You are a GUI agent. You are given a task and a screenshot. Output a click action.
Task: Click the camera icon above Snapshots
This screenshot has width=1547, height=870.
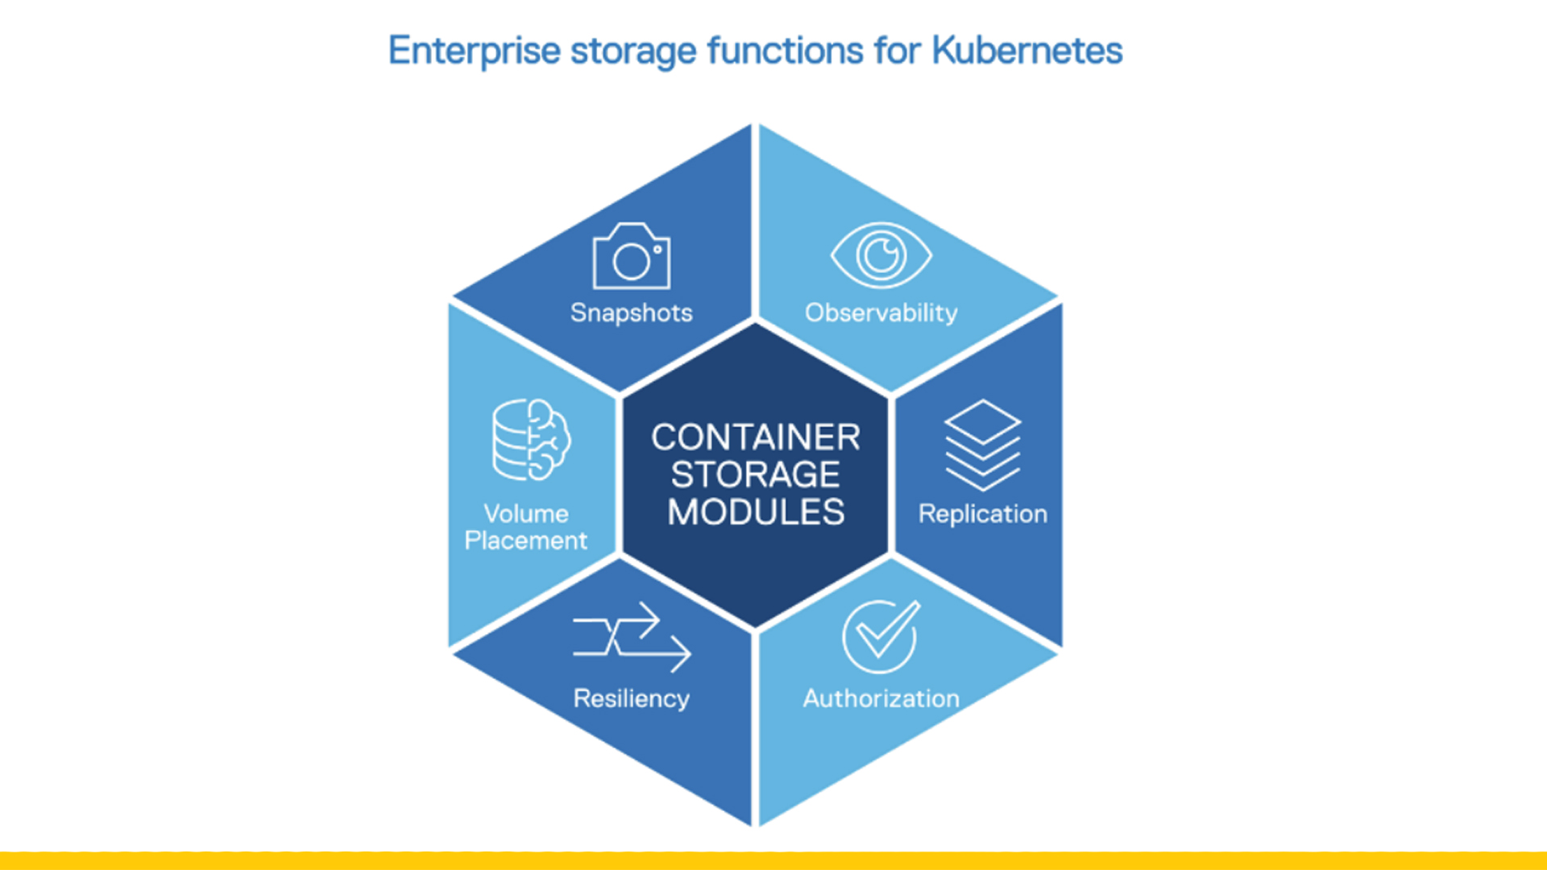click(x=632, y=256)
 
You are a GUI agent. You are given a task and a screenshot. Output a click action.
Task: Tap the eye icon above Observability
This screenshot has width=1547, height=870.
click(x=881, y=255)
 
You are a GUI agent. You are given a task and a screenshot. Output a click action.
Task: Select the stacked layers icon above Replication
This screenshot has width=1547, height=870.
click(x=982, y=445)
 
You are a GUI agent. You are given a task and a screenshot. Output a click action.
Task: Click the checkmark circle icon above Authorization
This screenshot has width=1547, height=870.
click(x=880, y=636)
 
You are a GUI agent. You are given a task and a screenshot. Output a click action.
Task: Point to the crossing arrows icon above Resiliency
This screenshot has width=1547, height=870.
click(x=632, y=636)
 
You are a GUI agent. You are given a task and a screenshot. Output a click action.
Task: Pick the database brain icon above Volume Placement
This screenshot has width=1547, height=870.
click(x=531, y=440)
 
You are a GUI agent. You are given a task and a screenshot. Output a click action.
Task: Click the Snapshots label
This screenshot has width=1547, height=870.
click(x=632, y=313)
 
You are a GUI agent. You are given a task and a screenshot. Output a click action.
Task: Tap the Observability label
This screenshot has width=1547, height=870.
click(x=881, y=313)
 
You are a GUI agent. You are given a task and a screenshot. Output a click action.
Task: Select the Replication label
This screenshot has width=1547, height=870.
click(x=982, y=514)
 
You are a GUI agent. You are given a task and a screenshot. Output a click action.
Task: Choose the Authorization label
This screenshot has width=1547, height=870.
click(x=881, y=698)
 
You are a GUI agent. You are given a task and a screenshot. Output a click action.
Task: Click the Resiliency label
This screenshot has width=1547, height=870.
click(x=632, y=698)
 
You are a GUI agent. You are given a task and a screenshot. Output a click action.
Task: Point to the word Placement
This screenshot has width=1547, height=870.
click(x=526, y=541)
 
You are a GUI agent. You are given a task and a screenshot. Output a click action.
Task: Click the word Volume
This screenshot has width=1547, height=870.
click(x=526, y=514)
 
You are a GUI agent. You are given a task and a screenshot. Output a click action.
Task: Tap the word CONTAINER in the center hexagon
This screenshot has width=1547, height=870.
click(x=756, y=437)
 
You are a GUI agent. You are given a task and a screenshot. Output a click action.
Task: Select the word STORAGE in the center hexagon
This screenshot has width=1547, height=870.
click(x=756, y=474)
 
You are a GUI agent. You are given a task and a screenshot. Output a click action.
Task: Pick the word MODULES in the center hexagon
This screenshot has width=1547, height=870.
click(x=756, y=512)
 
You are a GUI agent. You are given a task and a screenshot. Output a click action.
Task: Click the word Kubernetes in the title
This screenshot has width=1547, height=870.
click(x=1027, y=51)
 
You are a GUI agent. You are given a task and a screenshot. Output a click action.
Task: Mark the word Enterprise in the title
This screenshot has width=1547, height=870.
click(x=475, y=51)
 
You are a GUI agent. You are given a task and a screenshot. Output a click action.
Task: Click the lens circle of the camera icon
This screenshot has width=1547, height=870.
click(x=631, y=261)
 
